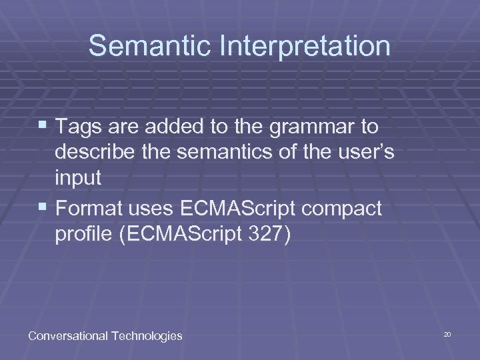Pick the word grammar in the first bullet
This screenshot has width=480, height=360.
tap(313, 126)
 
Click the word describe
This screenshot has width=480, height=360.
tap(95, 153)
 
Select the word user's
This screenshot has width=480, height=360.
tap(365, 153)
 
